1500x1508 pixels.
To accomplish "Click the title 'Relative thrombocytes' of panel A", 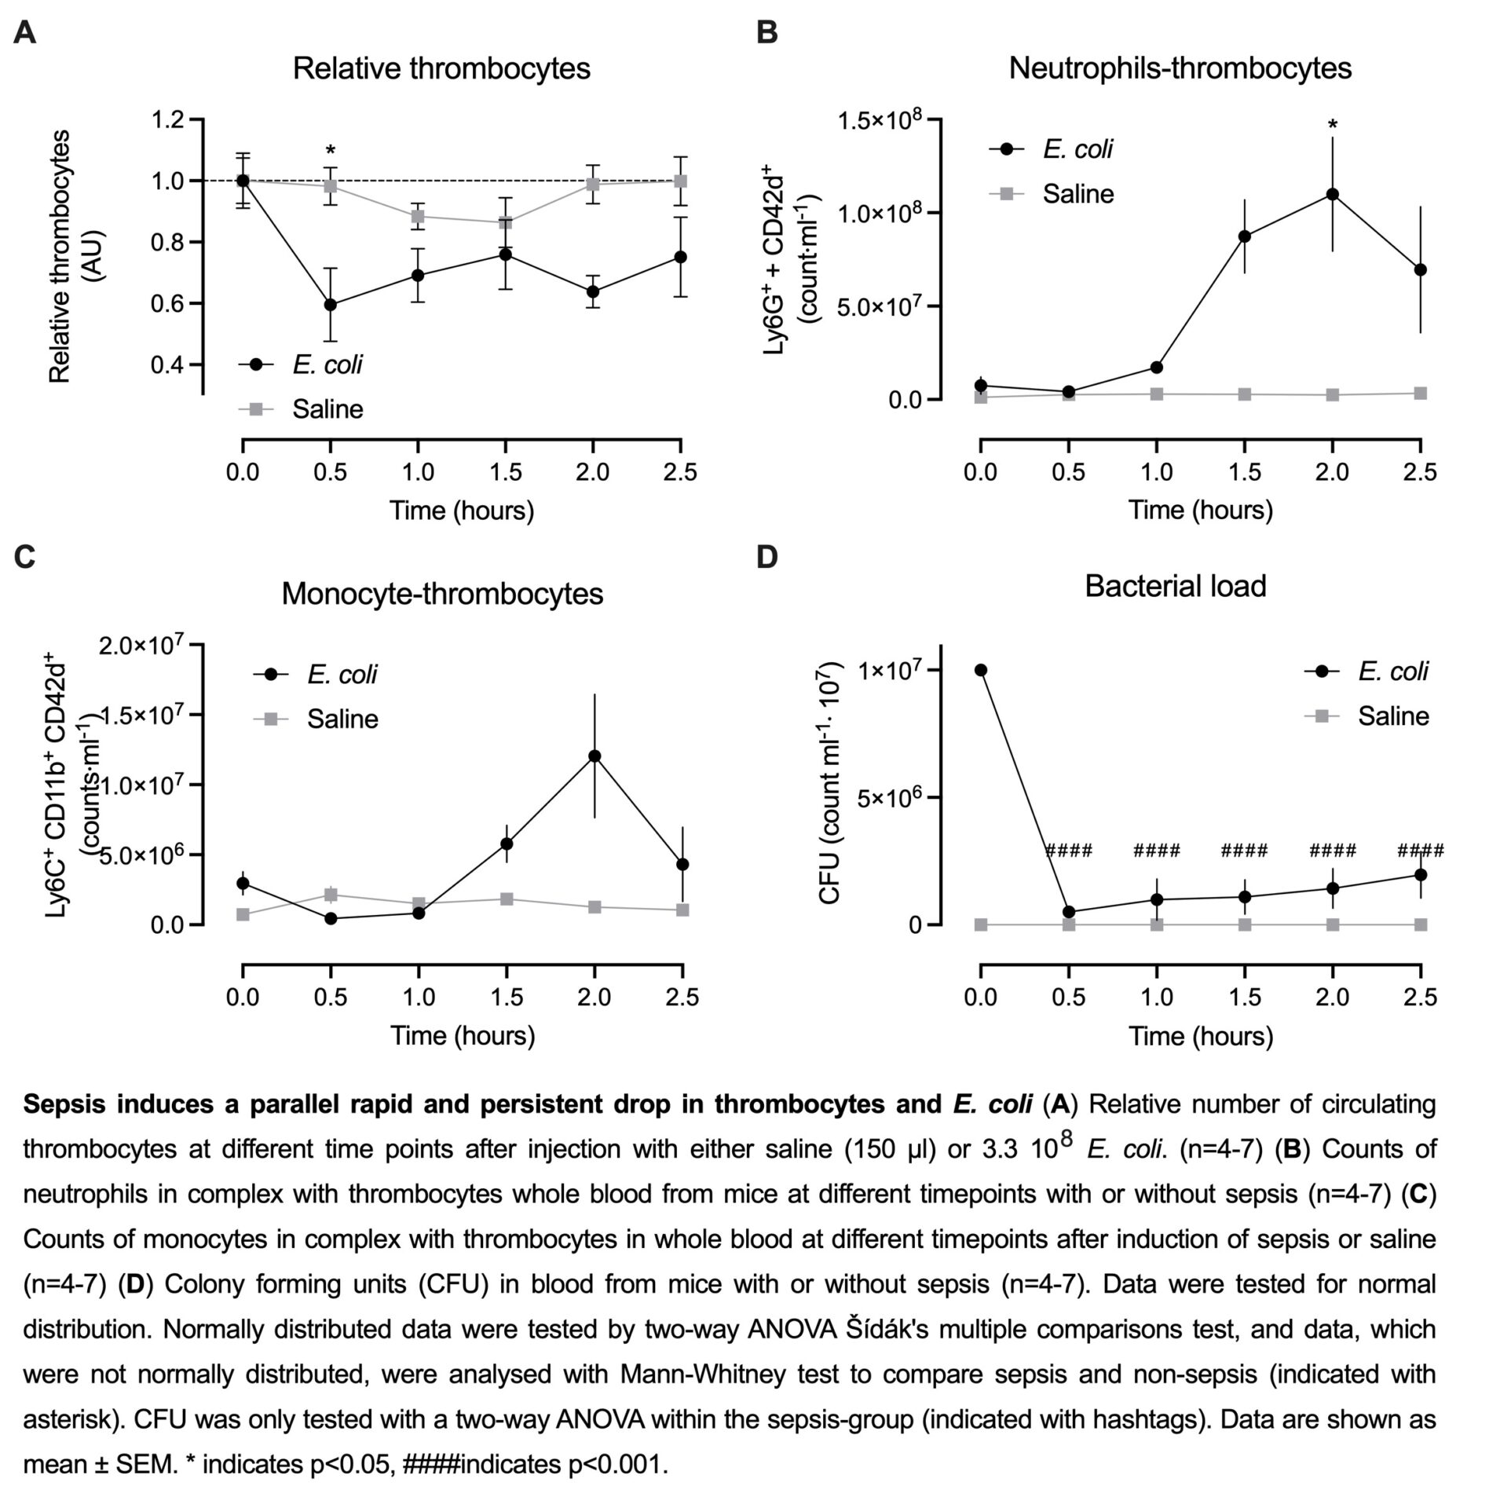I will click(441, 68).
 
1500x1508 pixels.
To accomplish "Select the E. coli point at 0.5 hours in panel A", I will click(331, 305).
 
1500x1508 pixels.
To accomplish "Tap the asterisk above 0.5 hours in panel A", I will click(331, 151).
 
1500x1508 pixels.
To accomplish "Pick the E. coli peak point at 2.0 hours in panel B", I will click(1332, 194).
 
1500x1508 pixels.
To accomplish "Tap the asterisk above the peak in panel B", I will click(1332, 125).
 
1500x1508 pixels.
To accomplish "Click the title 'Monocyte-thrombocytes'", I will click(442, 593).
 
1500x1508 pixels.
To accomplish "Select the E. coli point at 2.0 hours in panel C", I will click(595, 756).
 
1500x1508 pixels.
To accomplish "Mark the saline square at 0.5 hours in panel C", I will click(331, 895).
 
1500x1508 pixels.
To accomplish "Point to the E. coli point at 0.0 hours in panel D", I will click(981, 670).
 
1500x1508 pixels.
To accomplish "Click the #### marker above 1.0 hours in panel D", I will click(1156, 851).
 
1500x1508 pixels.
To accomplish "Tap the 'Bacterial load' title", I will click(1175, 586).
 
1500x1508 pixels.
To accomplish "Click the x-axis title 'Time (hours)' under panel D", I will click(1200, 1036).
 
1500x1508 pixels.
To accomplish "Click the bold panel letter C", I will click(25, 557).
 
